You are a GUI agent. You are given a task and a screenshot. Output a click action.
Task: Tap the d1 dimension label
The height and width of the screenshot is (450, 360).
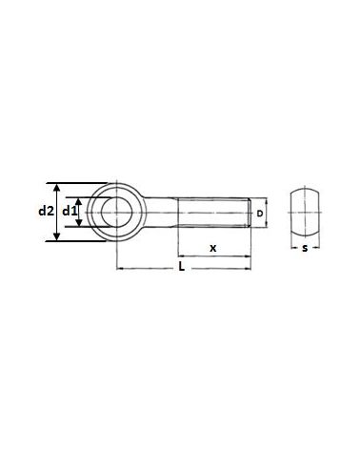68,212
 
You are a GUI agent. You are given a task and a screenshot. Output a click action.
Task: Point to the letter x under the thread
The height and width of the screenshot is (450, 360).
213,248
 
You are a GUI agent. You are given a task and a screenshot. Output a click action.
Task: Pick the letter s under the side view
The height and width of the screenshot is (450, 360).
303,249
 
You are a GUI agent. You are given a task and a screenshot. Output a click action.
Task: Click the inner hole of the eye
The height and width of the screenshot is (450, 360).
117,212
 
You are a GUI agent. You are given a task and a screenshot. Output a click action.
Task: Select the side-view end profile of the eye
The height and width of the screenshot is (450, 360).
303,211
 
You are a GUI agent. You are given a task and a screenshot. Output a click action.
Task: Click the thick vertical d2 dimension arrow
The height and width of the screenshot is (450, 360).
55,212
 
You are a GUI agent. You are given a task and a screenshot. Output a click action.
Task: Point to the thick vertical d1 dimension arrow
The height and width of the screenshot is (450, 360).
82,212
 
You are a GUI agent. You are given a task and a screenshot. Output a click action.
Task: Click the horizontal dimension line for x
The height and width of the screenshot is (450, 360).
213,257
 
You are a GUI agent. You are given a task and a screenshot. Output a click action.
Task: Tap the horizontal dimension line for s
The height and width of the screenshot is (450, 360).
303,242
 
